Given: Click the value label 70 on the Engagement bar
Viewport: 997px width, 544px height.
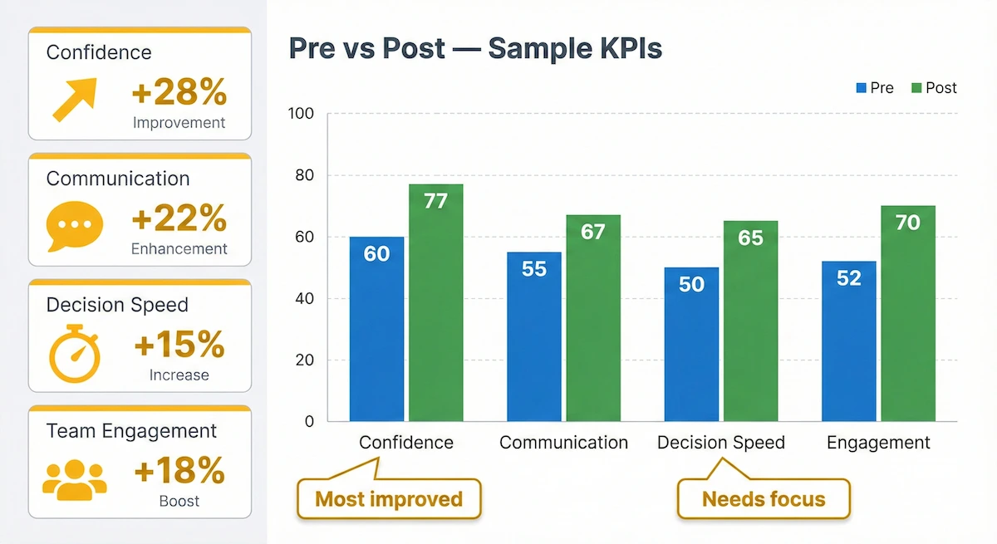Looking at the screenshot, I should pos(907,223).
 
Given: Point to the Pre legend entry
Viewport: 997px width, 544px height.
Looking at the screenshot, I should pos(874,88).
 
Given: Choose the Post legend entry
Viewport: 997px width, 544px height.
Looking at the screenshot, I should pos(934,88).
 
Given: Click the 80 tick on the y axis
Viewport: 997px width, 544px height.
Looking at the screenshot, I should pos(305,175).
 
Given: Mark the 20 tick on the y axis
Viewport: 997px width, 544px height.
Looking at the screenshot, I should pos(305,360).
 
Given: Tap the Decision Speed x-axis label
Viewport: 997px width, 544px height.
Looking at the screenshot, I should pos(720,443).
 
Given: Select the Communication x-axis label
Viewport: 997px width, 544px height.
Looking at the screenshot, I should pos(563,443).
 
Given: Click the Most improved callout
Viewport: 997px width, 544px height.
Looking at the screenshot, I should pos(389,499).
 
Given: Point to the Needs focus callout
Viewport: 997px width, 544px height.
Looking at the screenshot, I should pos(764,499).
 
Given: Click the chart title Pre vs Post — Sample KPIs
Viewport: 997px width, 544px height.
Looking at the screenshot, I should pos(475,49).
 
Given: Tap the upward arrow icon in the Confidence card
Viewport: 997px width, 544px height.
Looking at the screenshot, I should pos(74,99).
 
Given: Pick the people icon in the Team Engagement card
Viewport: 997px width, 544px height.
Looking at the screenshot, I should pos(75,479).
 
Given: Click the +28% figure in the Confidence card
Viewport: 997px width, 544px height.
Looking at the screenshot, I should pos(179,93).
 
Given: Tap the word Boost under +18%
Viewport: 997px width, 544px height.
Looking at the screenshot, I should pos(179,502).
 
